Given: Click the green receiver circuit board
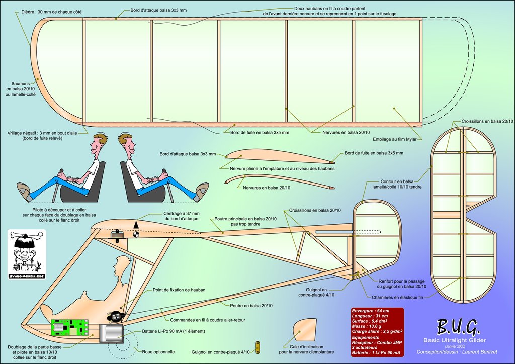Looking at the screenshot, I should coord(70,327).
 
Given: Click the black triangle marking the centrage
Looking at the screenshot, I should coord(136,223).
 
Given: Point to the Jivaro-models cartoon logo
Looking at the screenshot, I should coord(27,254).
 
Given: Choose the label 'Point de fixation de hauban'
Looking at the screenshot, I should coord(179,290).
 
